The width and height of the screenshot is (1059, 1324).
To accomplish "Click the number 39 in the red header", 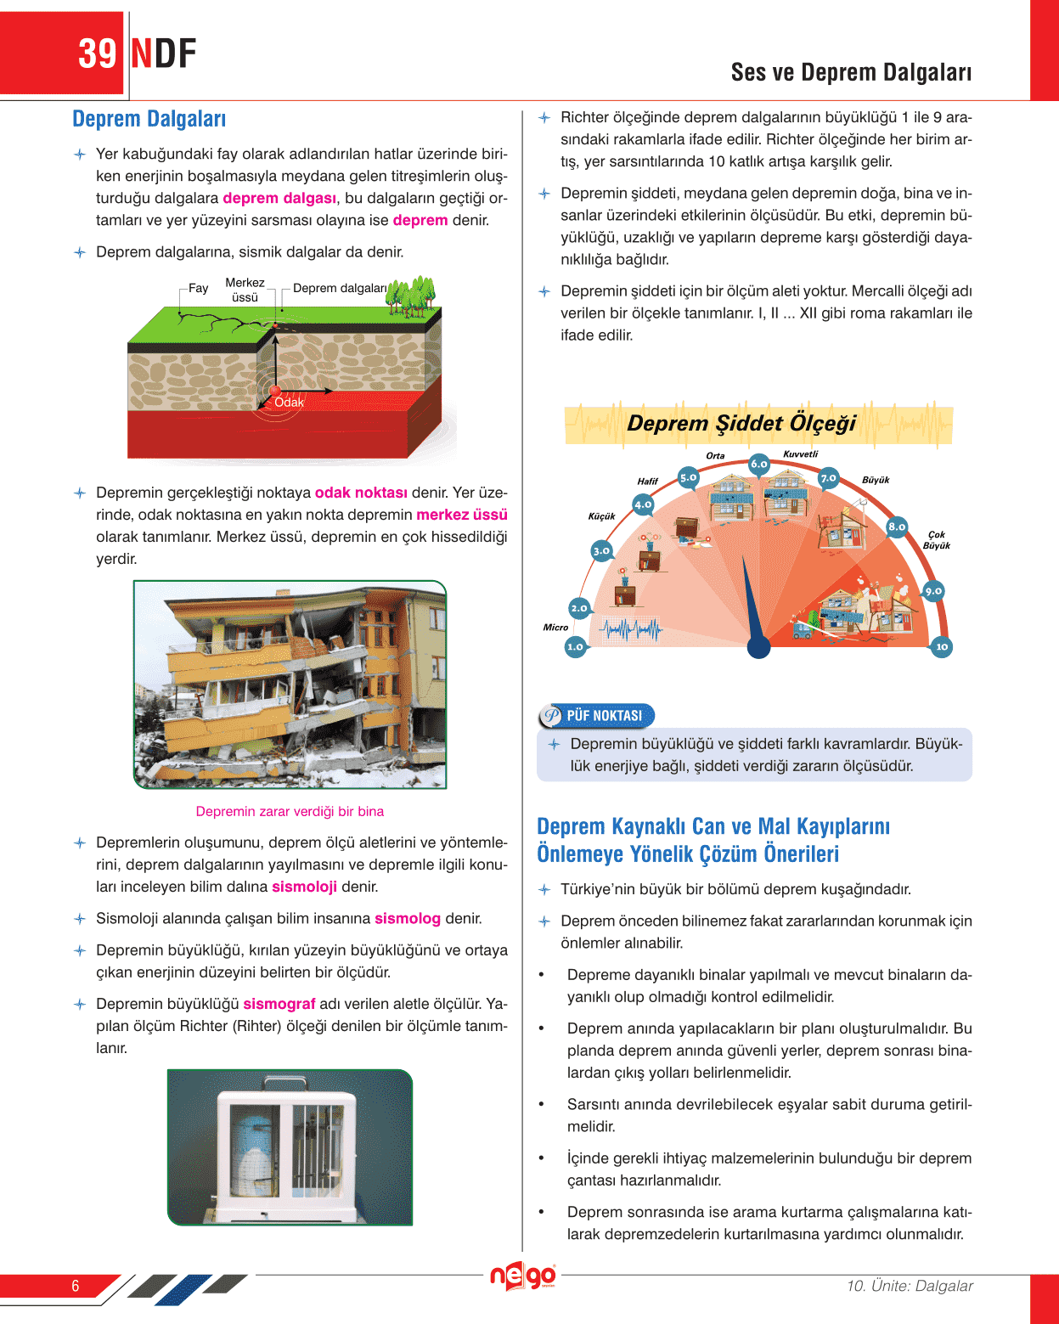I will point(97,54).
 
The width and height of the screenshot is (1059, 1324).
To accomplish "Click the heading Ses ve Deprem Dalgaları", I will point(851,73).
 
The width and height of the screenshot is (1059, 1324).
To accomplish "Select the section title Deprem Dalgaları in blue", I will point(149,119).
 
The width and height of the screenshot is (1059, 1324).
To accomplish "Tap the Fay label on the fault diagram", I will point(198,289).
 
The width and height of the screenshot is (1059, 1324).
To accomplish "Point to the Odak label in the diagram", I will point(289,402).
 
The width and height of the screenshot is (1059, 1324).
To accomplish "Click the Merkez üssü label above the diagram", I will point(245,290).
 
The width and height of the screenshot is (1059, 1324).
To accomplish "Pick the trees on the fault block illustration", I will point(411,295).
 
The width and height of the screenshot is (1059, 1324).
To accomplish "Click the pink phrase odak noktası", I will point(361,493).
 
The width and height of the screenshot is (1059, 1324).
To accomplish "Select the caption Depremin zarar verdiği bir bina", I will point(290,811).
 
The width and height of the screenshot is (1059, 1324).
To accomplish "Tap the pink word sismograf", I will point(279,1004).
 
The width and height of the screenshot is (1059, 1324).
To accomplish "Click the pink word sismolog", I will point(408,918).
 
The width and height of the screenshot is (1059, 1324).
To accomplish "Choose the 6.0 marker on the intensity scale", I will point(758,464).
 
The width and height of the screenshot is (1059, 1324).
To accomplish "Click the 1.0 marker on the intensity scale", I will point(575,647).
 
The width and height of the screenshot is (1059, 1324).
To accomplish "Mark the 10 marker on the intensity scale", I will point(941,647).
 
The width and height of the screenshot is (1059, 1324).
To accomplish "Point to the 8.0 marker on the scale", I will point(897,527).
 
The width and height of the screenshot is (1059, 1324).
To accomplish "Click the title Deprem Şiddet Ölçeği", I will point(741,423).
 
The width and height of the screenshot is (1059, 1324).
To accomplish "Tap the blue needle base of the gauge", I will point(758,647).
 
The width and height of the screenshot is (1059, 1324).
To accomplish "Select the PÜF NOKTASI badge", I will point(596,716).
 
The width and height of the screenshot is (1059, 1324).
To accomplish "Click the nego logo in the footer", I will point(523,1276).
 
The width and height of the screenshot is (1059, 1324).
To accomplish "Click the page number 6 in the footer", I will point(75,1286).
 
